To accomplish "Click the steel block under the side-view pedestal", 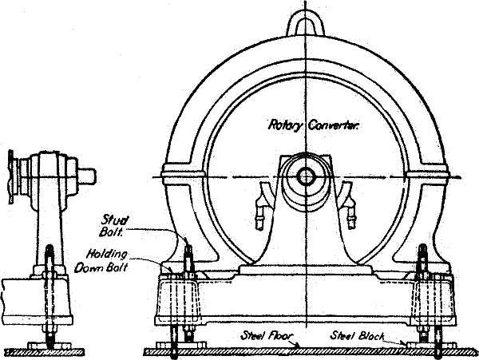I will [x=49, y=345].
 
